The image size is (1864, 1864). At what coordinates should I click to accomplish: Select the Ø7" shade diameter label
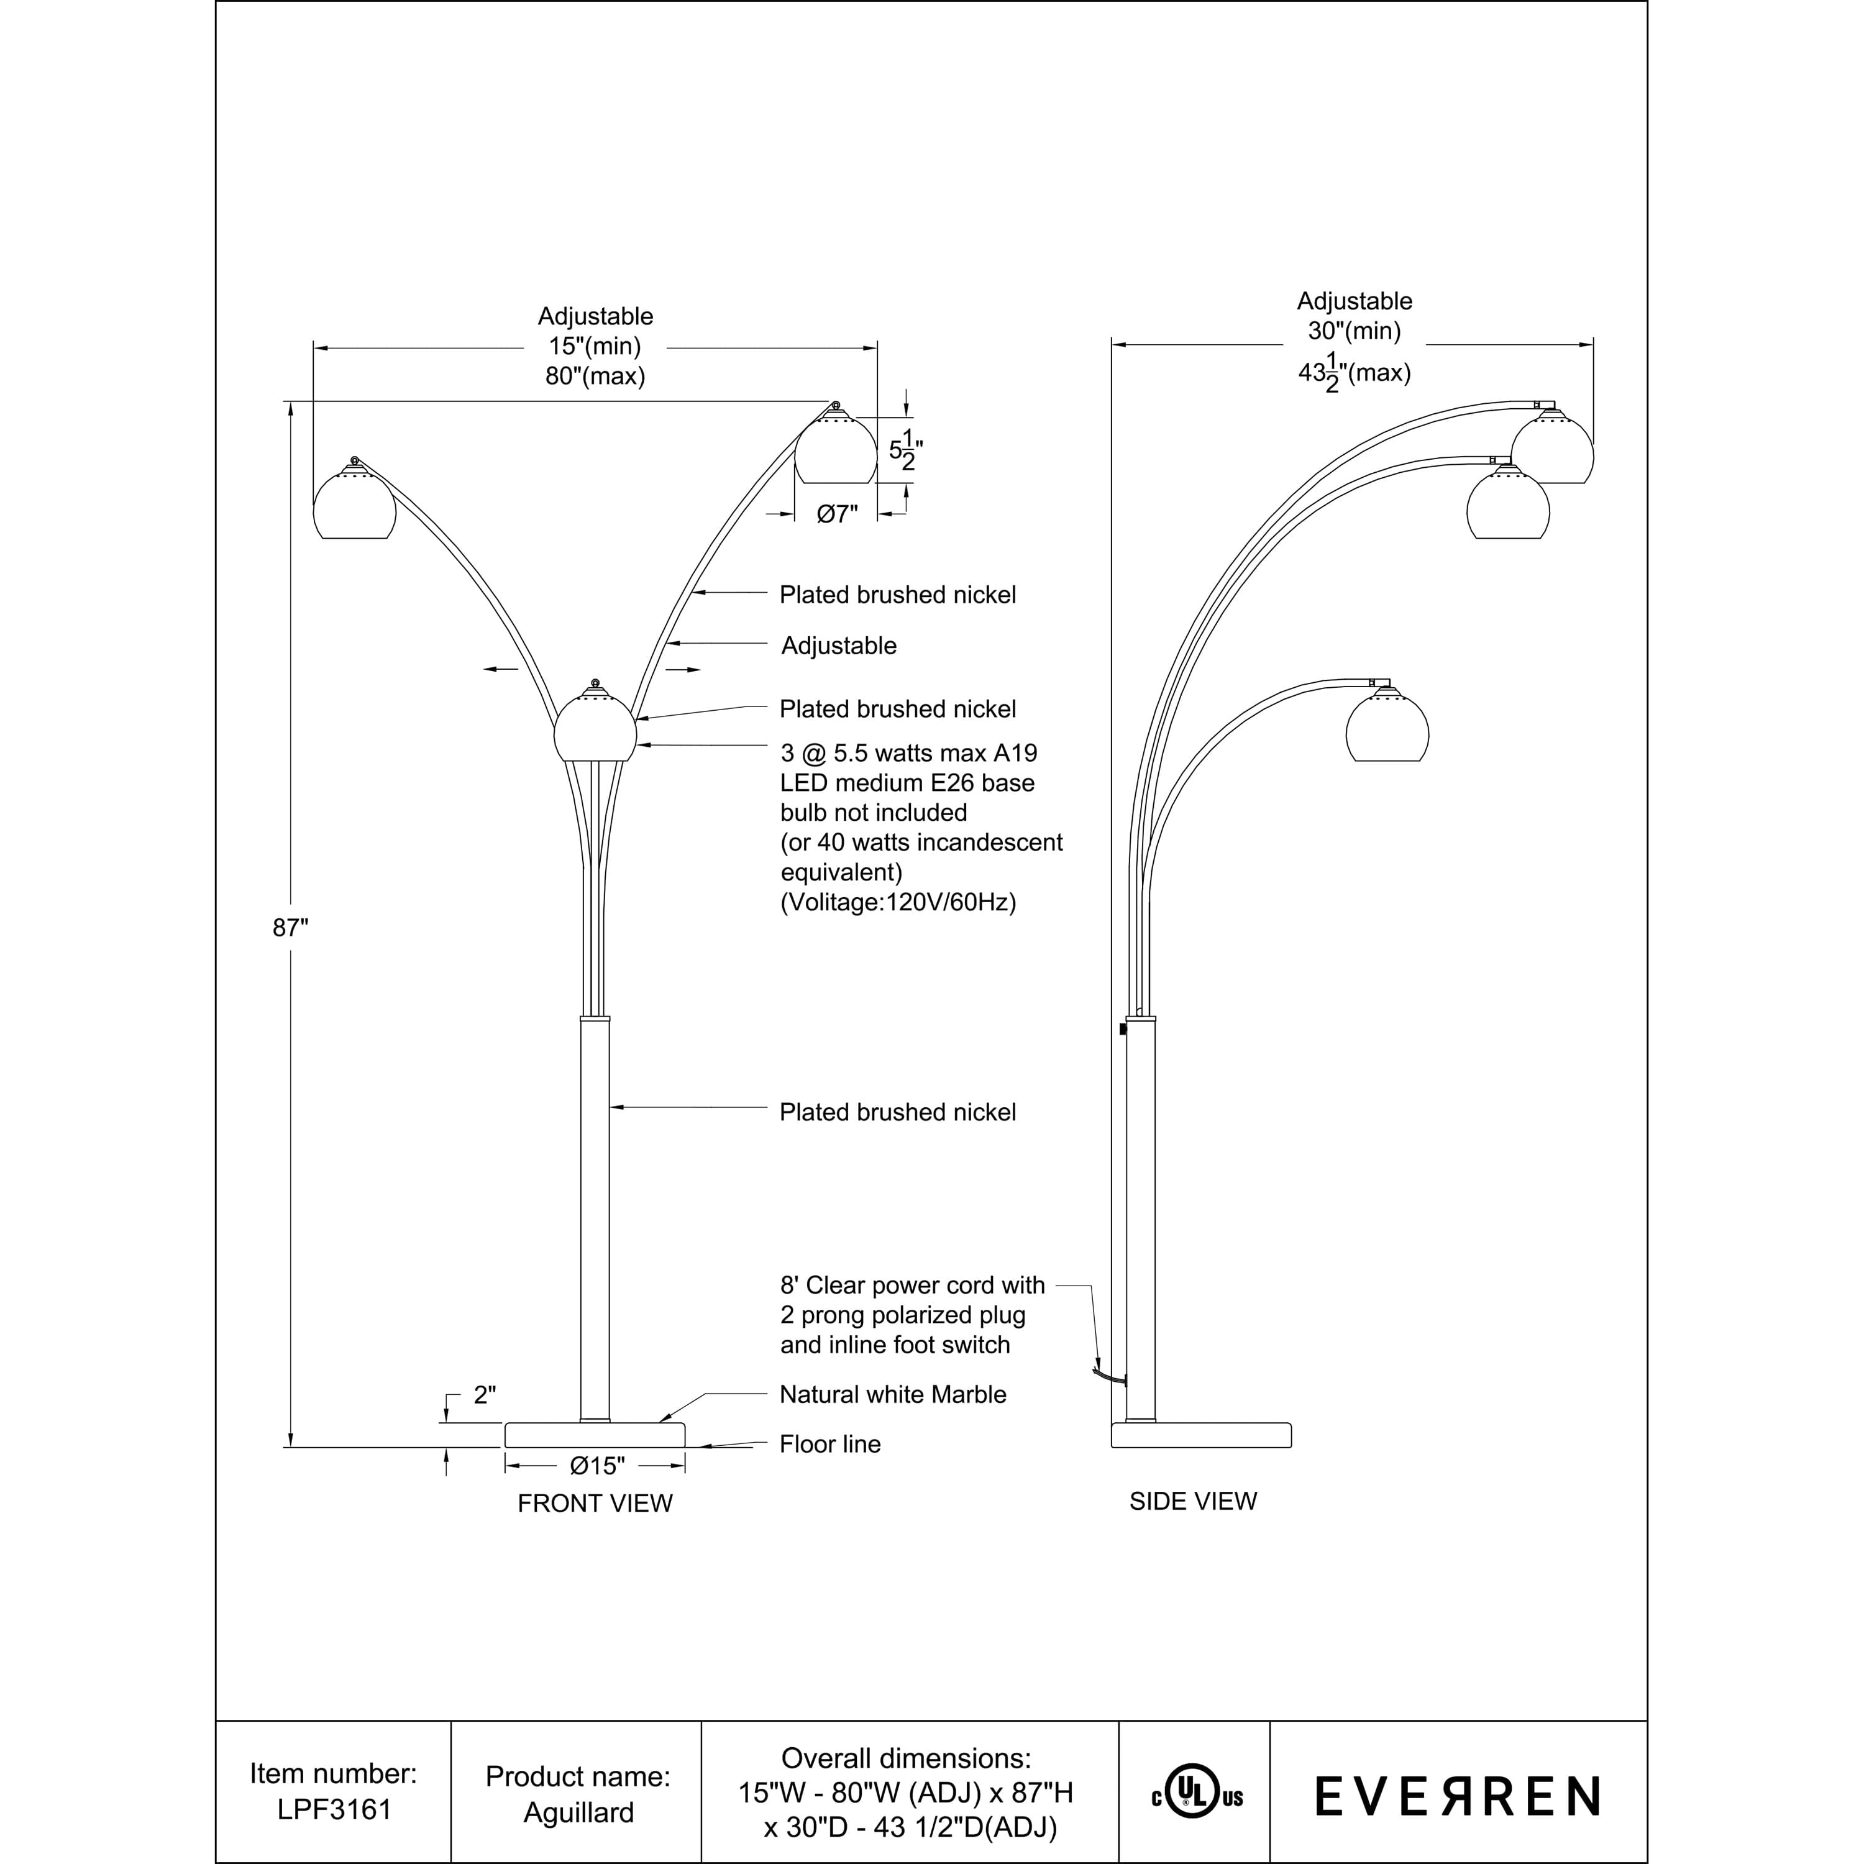click(836, 514)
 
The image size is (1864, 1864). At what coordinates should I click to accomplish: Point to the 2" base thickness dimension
click(485, 1394)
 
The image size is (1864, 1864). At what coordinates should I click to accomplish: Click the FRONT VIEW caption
click(595, 1503)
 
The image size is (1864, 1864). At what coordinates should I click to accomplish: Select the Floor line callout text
click(829, 1445)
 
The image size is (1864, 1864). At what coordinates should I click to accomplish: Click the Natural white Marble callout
click(892, 1394)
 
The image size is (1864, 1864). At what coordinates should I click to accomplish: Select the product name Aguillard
click(578, 1812)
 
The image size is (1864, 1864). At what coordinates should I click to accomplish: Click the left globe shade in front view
click(354, 505)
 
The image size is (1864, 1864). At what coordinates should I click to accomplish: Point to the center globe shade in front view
click(595, 730)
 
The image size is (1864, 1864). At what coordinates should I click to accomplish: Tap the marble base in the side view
click(1201, 1435)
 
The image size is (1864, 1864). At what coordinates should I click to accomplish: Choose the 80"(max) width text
click(595, 377)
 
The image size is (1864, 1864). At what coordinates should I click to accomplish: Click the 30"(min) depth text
click(1354, 331)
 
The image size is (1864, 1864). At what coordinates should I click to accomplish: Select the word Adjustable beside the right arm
click(838, 646)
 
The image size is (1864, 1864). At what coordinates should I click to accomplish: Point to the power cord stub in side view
click(1110, 1377)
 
